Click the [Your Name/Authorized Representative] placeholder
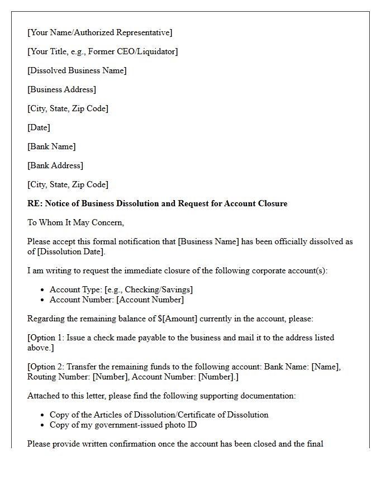point(99,32)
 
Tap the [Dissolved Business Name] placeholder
point(77,70)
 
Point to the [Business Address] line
point(62,89)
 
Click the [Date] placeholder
point(39,127)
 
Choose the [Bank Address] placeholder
point(55,165)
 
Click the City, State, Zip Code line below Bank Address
point(68,184)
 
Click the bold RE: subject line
point(158,203)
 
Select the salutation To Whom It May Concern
point(75,222)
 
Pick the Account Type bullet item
point(121,290)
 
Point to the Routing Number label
point(59,377)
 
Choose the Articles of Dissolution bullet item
point(159,415)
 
